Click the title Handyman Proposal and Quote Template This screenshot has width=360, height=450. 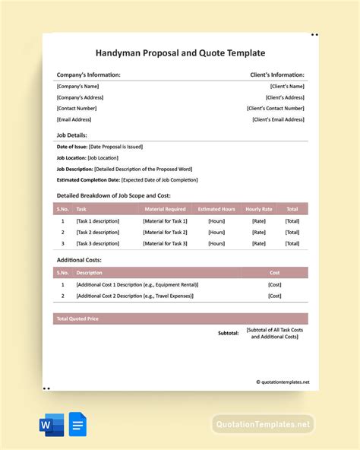pos(180,53)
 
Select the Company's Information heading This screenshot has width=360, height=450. pos(88,75)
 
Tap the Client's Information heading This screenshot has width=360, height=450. pos(277,75)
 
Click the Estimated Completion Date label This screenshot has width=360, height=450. pos(88,180)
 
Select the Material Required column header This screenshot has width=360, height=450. pos(165,208)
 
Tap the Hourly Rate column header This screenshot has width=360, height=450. pos(258,208)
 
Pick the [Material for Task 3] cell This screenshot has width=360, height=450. pos(165,243)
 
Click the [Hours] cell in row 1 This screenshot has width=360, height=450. pos(216,220)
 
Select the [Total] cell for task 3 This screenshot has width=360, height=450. pos(292,243)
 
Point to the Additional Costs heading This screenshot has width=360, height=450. pos(79,260)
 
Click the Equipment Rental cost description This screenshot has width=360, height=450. pos(137,284)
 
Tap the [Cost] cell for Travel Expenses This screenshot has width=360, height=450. pos(274,296)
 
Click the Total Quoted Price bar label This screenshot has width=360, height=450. pos(78,318)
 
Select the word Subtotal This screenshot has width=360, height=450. pos(229,333)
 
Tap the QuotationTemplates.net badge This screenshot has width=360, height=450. pos(262,424)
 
